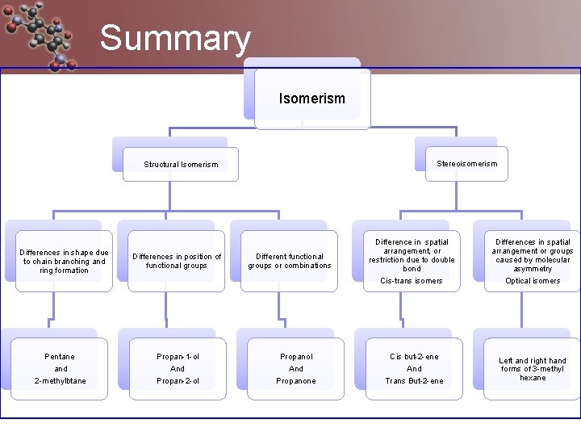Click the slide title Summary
pyautogui.click(x=175, y=39)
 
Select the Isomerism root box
pyautogui.click(x=311, y=99)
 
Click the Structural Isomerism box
pyautogui.click(x=181, y=164)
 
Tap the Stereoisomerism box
pyautogui.click(x=466, y=163)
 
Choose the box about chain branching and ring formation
pyautogui.click(x=64, y=262)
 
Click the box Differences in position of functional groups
pyautogui.click(x=177, y=262)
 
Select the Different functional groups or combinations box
pyautogui.click(x=289, y=262)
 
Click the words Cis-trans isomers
pyautogui.click(x=412, y=281)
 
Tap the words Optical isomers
pyautogui.click(x=533, y=281)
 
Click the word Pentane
pyautogui.click(x=60, y=357)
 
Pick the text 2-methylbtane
pyautogui.click(x=60, y=381)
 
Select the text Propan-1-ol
pyautogui.click(x=178, y=357)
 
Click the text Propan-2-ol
pyautogui.click(x=178, y=381)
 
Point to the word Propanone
pyautogui.click(x=296, y=381)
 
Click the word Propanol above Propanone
pyautogui.click(x=296, y=357)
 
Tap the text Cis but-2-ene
pyautogui.click(x=414, y=357)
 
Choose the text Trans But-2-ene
pyautogui.click(x=414, y=381)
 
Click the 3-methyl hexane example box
pyautogui.click(x=533, y=369)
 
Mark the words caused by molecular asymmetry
pyautogui.click(x=533, y=265)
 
